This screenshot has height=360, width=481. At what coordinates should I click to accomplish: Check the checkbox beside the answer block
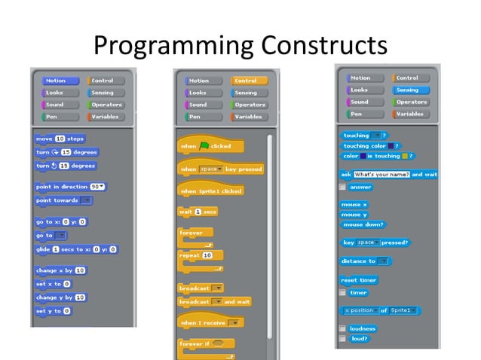[x=343, y=187]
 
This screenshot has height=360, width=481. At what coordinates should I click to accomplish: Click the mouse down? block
[x=362, y=224]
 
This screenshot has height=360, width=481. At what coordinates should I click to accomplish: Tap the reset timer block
[x=358, y=280]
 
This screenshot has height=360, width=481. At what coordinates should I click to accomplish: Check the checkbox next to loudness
[x=343, y=329]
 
